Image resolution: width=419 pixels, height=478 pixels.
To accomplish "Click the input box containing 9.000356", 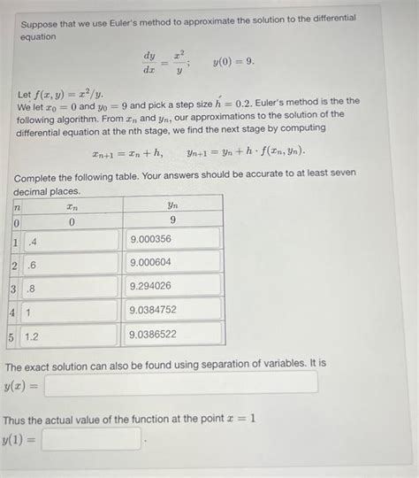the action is click(173, 239).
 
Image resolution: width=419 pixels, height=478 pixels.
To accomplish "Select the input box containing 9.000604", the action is click(173, 263).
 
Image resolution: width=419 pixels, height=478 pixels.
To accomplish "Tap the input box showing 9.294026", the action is click(173, 287).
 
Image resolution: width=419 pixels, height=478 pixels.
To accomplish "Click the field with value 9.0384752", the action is click(173, 311).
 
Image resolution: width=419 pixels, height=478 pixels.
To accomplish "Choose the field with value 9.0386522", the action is click(173, 335).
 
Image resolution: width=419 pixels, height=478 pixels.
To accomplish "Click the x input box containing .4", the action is click(71, 240).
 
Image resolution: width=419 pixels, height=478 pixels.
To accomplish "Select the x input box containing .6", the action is click(71, 264).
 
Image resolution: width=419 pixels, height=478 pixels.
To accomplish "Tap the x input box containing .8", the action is click(71, 288).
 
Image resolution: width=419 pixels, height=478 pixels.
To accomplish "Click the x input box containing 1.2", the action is click(71, 335).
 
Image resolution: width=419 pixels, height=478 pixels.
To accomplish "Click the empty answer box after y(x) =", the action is click(180, 383).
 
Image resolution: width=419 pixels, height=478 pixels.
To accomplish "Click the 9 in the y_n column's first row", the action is click(172, 220).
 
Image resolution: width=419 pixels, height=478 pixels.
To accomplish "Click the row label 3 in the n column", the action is click(14, 288).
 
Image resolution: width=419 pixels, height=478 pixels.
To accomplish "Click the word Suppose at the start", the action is click(42, 19).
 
